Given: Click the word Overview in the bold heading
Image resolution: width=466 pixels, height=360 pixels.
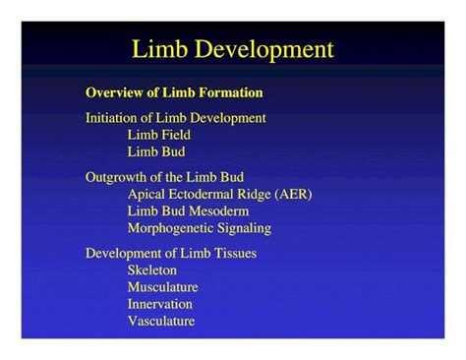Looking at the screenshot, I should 114,93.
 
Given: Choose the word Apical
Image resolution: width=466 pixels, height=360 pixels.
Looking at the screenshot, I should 146,194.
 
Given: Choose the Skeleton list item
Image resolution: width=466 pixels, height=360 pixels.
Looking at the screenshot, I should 151,270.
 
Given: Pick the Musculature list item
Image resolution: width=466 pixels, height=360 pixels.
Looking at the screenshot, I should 162,286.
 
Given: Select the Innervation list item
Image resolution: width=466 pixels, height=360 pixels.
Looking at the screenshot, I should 159,304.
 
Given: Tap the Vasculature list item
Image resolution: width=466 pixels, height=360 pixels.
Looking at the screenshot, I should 160,321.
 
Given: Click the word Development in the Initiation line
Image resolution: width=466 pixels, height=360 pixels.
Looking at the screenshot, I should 228,118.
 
